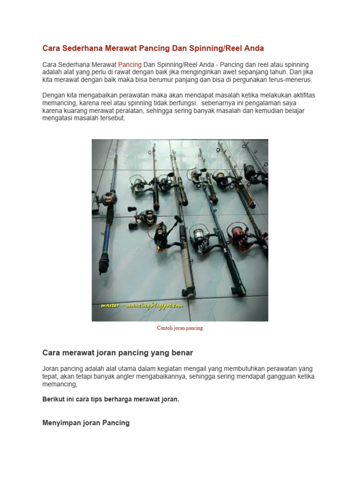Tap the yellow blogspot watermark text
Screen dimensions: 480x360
pyautogui.click(x=142, y=306)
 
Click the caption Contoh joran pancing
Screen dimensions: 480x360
pyautogui.click(x=180, y=328)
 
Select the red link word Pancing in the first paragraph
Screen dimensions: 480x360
pyautogui.click(x=130, y=64)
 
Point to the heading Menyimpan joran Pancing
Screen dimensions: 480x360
pyautogui.click(x=86, y=423)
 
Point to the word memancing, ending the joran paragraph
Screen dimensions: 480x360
pyautogui.click(x=60, y=384)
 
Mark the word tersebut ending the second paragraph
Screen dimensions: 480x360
pyautogui.click(x=111, y=118)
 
